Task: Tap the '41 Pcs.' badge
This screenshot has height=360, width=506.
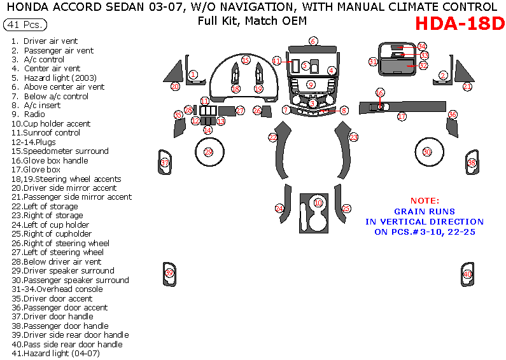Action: tap(20, 25)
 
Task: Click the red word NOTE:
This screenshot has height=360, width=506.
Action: tap(424, 200)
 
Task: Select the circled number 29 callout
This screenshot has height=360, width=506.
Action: tap(209, 152)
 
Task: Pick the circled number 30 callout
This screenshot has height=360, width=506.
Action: tap(427, 151)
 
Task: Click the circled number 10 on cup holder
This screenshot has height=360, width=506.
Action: tap(318, 202)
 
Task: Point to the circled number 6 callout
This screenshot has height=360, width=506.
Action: tap(313, 41)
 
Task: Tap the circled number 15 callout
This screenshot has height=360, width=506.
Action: tap(245, 60)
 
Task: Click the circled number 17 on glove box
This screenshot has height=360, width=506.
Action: tap(402, 117)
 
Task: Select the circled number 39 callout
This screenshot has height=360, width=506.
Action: tap(169, 273)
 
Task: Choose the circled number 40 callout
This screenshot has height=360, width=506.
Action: tap(468, 274)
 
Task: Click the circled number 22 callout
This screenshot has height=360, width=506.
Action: tap(273, 137)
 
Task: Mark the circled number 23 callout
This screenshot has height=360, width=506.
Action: tap(353, 137)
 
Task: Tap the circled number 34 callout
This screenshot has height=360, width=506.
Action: tap(421, 47)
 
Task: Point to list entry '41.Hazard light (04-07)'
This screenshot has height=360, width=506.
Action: tap(61, 353)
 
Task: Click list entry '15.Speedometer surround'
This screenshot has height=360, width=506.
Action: tap(66, 151)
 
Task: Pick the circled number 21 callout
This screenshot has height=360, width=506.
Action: tap(467, 87)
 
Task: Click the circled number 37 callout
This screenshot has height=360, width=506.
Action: tap(165, 163)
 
